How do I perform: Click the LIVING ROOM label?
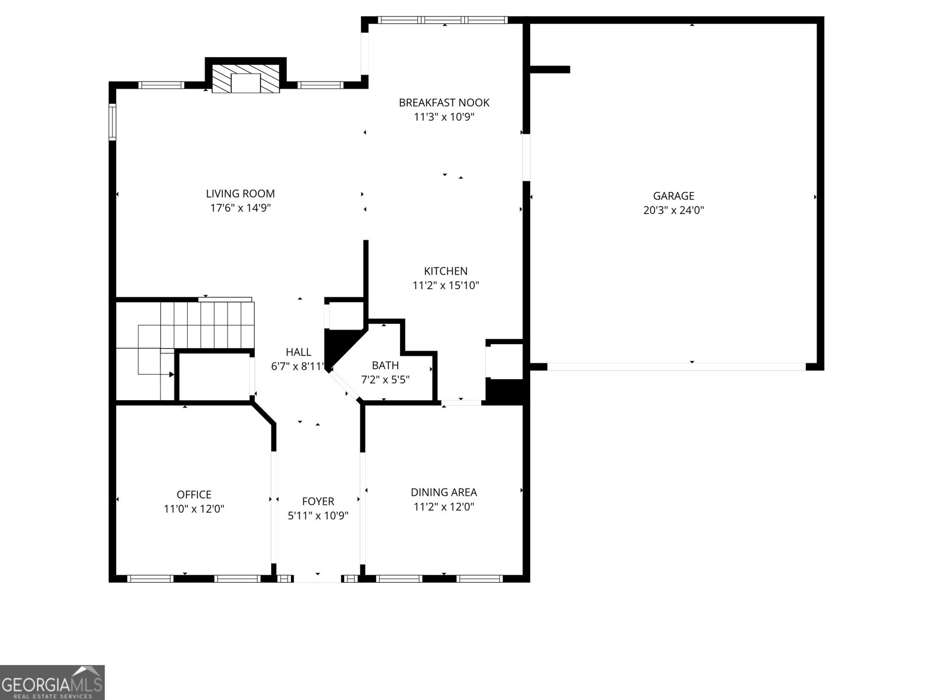click(x=240, y=194)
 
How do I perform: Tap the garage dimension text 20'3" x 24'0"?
click(x=674, y=210)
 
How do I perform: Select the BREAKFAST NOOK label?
click(x=444, y=103)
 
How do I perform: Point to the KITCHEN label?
click(x=446, y=271)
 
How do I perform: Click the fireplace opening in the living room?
click(x=245, y=82)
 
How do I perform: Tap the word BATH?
click(x=385, y=365)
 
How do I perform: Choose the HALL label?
click(x=299, y=352)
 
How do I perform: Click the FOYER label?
click(x=318, y=502)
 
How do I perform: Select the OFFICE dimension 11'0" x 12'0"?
click(x=194, y=509)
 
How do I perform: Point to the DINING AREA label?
click(x=444, y=492)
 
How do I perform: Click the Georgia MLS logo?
click(x=52, y=682)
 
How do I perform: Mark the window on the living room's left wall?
click(x=112, y=122)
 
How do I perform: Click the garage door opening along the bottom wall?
click(x=676, y=367)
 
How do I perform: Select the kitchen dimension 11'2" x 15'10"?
click(x=446, y=285)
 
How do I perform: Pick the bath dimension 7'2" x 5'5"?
click(x=385, y=380)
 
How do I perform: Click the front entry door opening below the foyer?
click(x=318, y=579)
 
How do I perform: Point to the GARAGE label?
click(x=674, y=196)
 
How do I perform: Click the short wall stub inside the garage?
click(x=550, y=69)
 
